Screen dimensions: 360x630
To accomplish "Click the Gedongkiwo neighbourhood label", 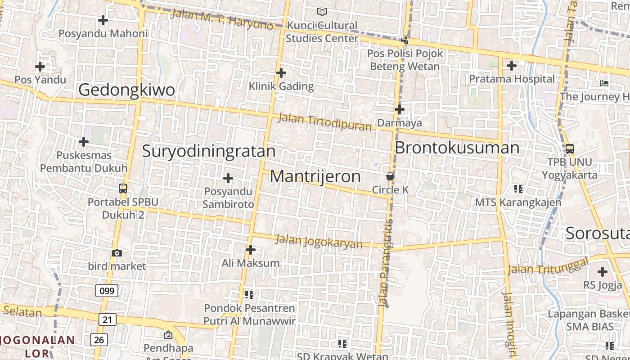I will coord(126,90).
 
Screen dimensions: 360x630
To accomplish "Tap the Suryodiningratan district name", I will coord(209,151).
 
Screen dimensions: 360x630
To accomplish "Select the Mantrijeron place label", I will coord(315,176).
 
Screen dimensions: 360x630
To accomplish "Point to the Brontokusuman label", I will coord(457,148).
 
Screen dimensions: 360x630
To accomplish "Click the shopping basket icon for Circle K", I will coord(390,176).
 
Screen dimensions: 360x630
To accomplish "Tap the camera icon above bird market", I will coord(117,253).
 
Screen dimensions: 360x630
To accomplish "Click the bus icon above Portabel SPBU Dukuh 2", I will coord(123,189).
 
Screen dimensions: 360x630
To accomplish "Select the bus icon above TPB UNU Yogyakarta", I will coord(569,149).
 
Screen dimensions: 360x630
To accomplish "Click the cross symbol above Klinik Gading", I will coord(281,73).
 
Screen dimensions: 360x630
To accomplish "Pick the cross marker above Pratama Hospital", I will coord(512,66).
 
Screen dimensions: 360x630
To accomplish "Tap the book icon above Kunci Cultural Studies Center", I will coord(322,12).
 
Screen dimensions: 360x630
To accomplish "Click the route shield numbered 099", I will coord(107,291).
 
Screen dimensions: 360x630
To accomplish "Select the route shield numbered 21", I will coord(107,319).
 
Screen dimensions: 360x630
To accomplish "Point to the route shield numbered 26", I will coord(99,339).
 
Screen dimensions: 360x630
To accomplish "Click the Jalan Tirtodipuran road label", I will coord(325,122).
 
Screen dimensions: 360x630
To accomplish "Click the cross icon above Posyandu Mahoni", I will coord(103,20).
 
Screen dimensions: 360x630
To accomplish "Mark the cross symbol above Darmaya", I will coord(400,109).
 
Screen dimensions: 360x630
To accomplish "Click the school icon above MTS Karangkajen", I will coord(518,189).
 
